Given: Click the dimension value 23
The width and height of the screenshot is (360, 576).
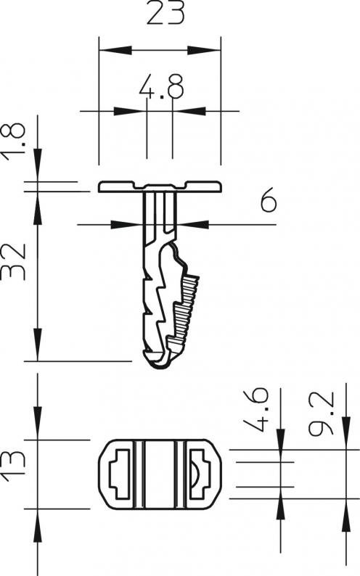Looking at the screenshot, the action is [165, 13].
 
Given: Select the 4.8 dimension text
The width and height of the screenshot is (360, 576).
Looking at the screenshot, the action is [161, 87].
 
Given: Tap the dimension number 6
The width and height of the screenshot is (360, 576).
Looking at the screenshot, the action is [269, 199].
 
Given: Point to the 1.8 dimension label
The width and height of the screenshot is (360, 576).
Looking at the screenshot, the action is [14, 141].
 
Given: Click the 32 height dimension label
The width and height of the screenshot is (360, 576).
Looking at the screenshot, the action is [14, 262].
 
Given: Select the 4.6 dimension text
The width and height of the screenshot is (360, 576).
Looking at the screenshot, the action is [257, 410].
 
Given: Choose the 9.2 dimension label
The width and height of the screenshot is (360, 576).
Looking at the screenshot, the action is [322, 414].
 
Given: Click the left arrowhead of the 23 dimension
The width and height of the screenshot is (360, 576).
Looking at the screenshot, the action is [115, 50].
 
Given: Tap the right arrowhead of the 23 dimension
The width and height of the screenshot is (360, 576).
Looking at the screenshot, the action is [204, 50].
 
